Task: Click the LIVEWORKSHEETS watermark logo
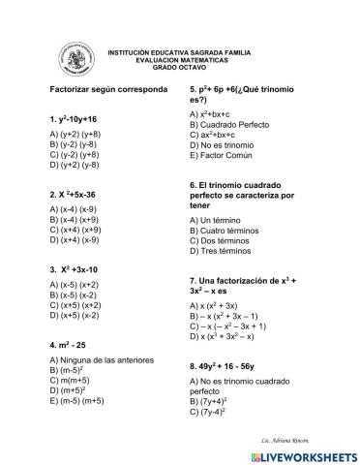[300, 455]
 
